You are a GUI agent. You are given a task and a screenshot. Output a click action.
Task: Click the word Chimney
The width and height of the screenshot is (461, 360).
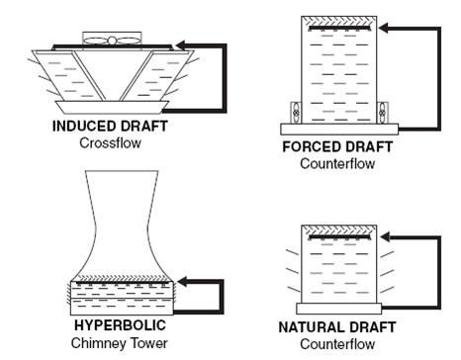tap(97, 342)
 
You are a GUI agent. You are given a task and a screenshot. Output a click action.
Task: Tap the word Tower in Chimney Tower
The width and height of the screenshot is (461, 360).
tap(141, 342)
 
